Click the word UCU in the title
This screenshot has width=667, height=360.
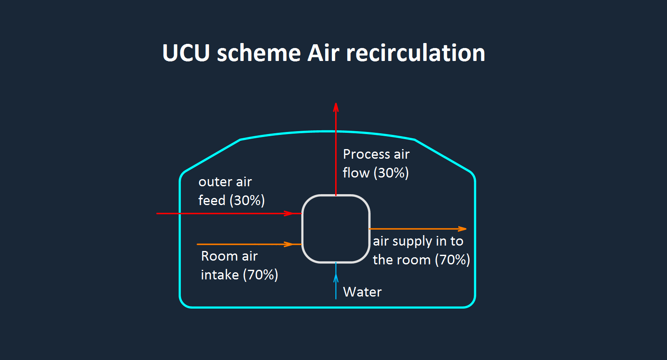pyautogui.click(x=186, y=53)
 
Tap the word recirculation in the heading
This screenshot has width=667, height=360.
pyautogui.click(x=415, y=53)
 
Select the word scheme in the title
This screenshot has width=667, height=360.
pyautogui.click(x=258, y=53)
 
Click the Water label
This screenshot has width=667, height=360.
pyautogui.click(x=362, y=292)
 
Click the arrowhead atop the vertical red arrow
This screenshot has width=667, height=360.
pyautogui.click(x=336, y=107)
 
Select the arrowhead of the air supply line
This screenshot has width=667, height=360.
pyautogui.click(x=462, y=229)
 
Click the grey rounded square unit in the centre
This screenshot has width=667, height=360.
pyautogui.click(x=336, y=229)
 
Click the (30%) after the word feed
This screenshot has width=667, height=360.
pyautogui.click(x=247, y=200)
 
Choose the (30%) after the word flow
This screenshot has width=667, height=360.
pyautogui.click(x=391, y=173)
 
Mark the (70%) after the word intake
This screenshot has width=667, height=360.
pyautogui.click(x=260, y=275)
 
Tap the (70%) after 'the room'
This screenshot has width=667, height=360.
pyautogui.click(x=452, y=260)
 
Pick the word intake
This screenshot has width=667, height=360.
pyautogui.click(x=220, y=275)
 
